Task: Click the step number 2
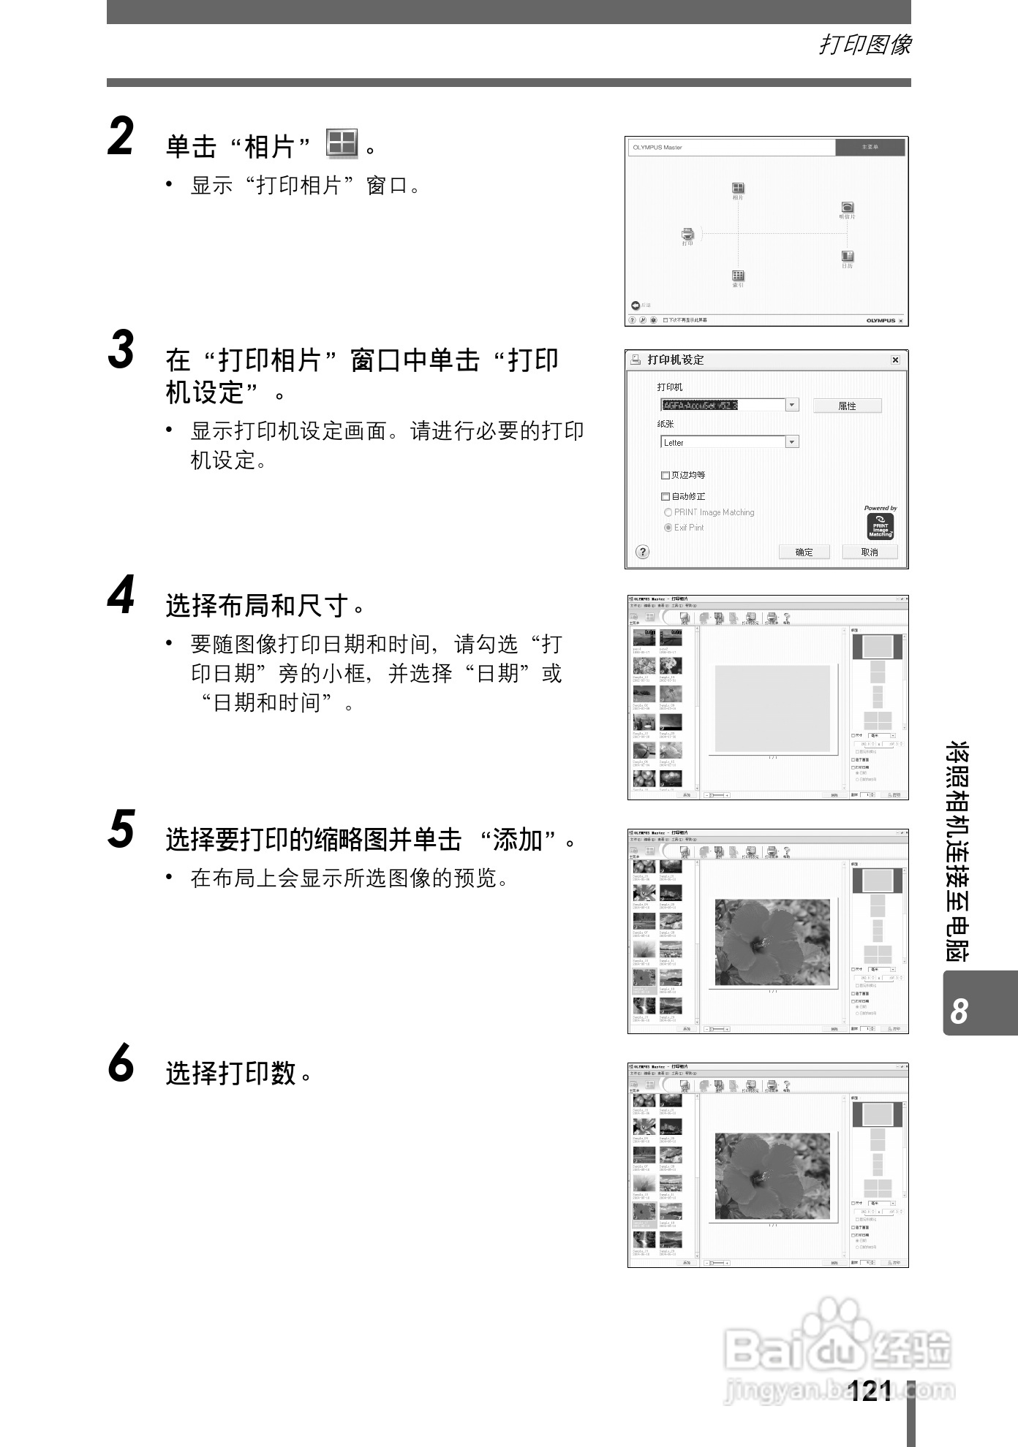tap(121, 138)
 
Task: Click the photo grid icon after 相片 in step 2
tap(342, 144)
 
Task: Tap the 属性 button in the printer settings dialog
tap(847, 406)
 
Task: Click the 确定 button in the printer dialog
tap(804, 552)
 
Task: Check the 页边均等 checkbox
tap(666, 475)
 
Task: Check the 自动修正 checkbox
tap(666, 496)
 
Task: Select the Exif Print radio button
tap(668, 528)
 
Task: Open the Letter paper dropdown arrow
tap(791, 442)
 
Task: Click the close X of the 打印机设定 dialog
tap(895, 360)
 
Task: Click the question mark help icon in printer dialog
tap(642, 552)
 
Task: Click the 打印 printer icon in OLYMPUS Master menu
tap(687, 234)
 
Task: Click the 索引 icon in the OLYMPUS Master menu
tap(738, 276)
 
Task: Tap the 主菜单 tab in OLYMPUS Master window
tap(870, 148)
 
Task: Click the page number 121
tap(870, 1391)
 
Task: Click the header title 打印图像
tap(864, 45)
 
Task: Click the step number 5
tap(121, 830)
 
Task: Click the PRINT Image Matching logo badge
tap(880, 526)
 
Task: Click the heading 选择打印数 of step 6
tap(231, 1073)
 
